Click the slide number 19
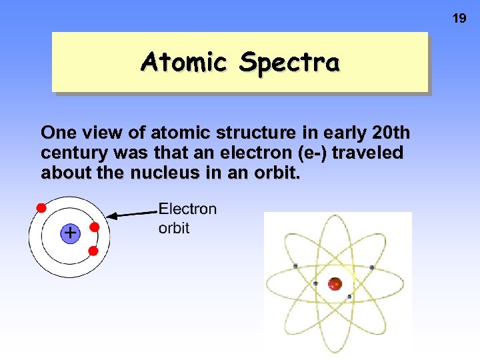pos(459,19)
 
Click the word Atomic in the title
pos(184,62)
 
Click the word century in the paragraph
pos(73,153)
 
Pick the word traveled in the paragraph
pos(367,153)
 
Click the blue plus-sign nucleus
pos(69,233)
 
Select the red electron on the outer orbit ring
pos(41,207)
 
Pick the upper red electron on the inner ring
pos(94,227)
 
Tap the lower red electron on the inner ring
pos(93,251)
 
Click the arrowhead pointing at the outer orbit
pos(113,215)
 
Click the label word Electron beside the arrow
pos(187,209)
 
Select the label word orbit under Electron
pos(174,228)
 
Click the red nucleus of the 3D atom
pos(335,283)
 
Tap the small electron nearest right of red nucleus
pos(349,296)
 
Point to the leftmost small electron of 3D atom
pos(295,266)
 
